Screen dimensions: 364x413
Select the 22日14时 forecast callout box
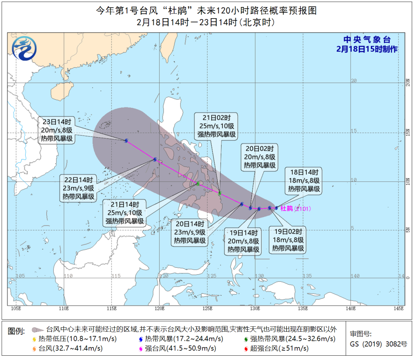tap(79, 188)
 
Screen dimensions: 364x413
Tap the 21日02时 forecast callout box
tap(216, 126)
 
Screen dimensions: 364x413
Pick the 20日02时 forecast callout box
tap(259, 157)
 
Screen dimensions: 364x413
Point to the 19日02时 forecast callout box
tap(288, 240)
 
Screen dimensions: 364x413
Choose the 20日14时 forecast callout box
tap(190, 232)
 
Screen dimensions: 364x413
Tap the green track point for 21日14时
tap(198, 183)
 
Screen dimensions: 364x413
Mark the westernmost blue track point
tap(126, 140)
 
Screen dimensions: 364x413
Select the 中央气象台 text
tap(367, 40)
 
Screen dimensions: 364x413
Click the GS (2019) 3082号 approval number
tap(378, 343)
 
